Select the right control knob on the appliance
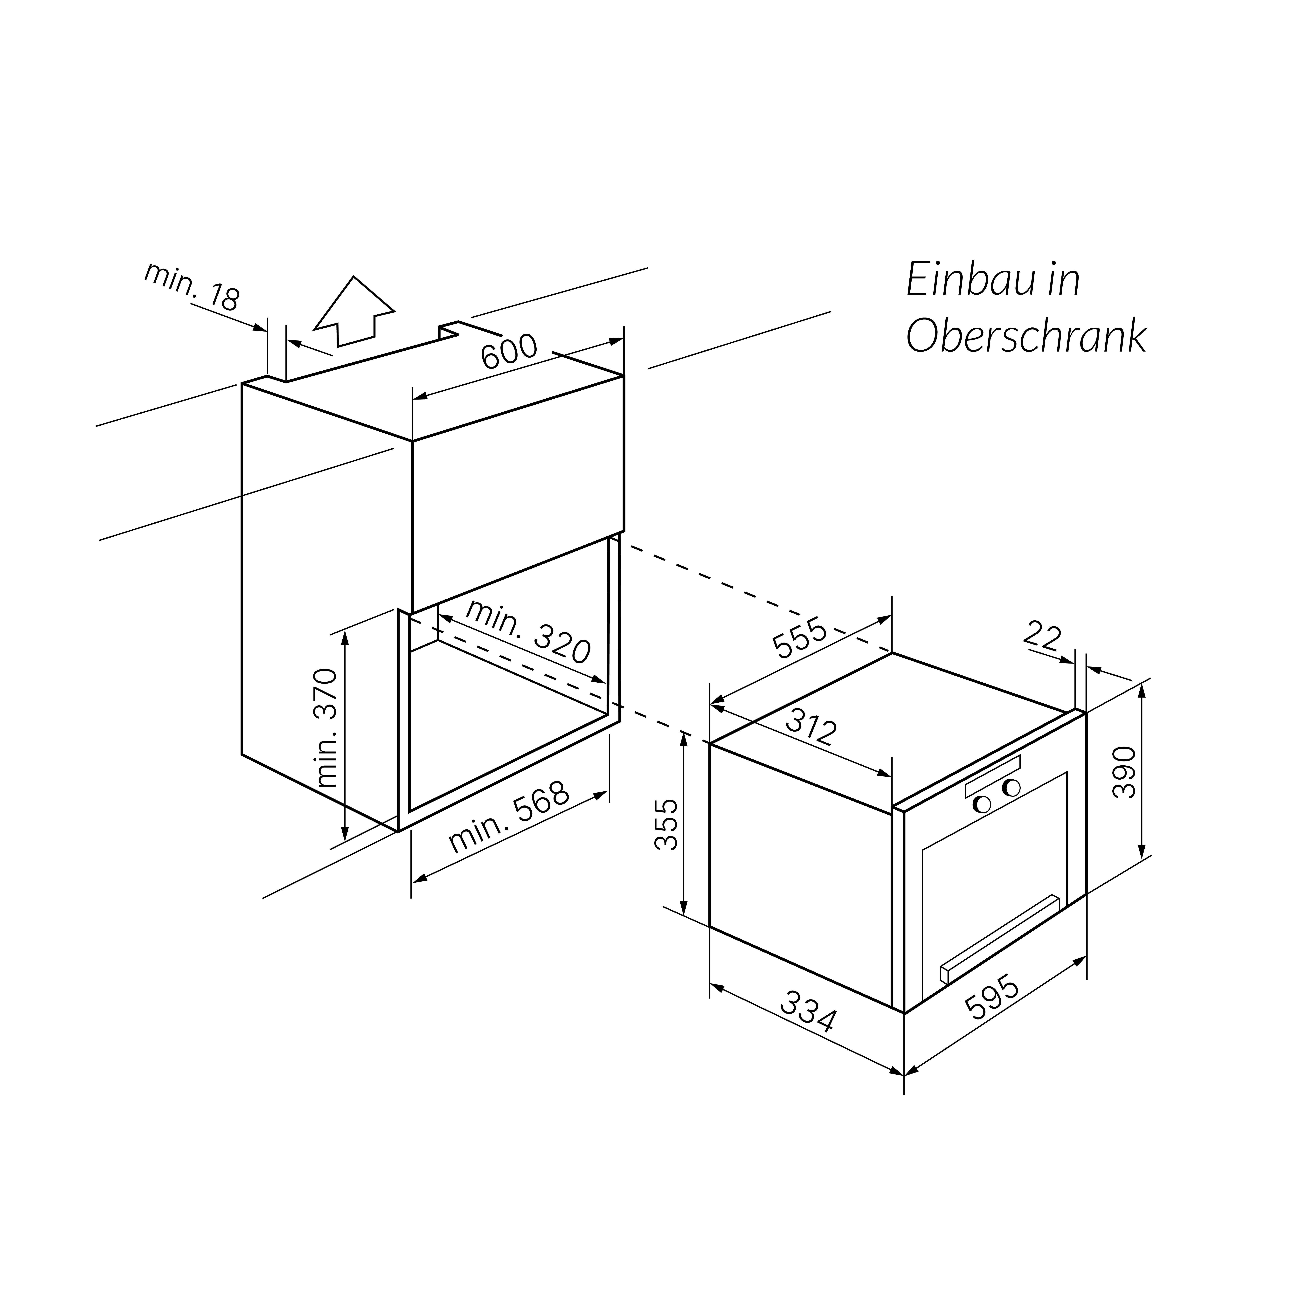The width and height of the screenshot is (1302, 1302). tap(1011, 787)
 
